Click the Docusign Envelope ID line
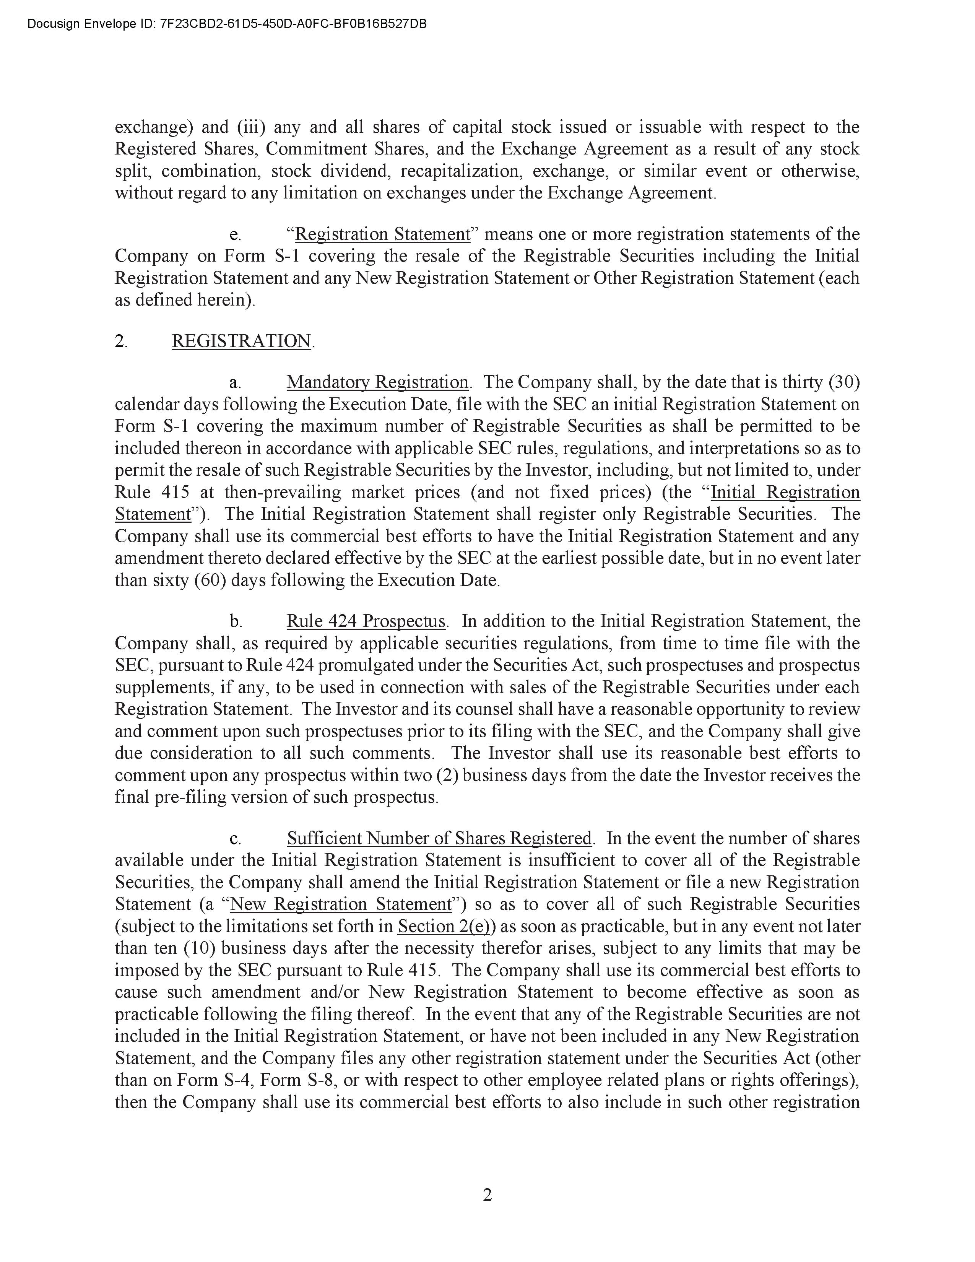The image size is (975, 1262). point(227,24)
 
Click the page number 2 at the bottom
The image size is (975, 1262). point(487,1194)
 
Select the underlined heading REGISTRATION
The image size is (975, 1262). point(241,341)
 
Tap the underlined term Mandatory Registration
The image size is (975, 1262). point(377,382)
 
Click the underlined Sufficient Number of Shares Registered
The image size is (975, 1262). point(439,838)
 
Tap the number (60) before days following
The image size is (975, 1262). point(210,580)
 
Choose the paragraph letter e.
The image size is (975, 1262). point(235,234)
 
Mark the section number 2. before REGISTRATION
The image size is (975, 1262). point(121,341)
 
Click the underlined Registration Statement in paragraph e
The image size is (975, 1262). point(382,234)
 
